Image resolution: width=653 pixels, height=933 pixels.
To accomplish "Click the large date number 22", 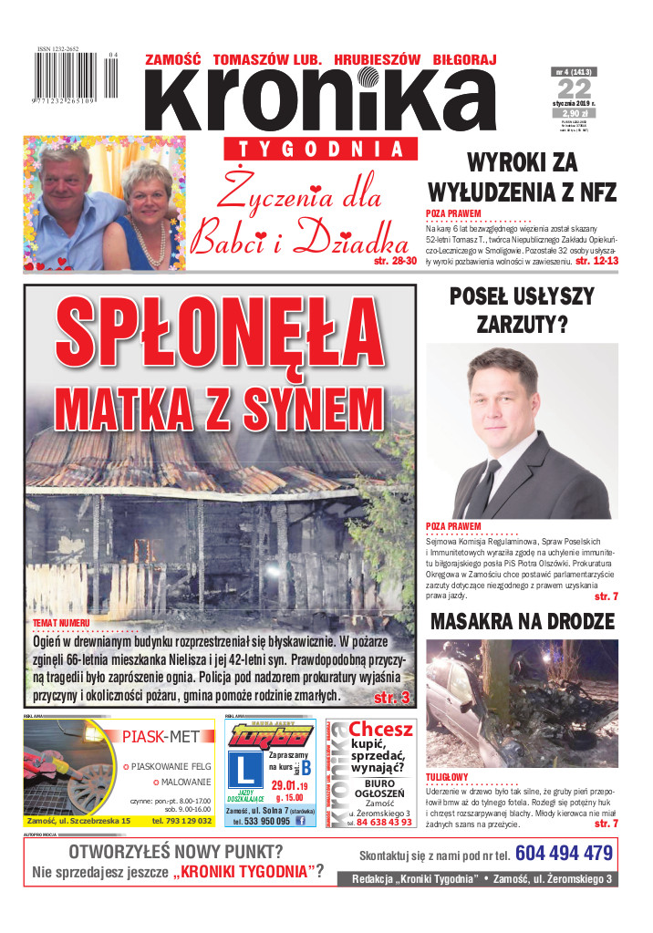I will coord(575,88).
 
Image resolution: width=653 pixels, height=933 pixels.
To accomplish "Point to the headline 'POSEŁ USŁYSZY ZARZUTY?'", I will coord(522,310).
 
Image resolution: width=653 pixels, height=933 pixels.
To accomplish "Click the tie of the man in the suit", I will coord(483,484).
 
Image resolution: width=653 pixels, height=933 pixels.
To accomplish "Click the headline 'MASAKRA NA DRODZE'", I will coord(522,622).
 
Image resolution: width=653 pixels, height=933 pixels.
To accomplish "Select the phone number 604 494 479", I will coord(564,854).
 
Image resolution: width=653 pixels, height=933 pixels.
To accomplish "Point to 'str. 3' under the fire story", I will coord(392,698).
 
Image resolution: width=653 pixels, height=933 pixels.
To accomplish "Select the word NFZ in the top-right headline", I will coord(590,192).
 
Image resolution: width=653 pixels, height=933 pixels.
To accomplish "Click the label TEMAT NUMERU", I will coord(61,621).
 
